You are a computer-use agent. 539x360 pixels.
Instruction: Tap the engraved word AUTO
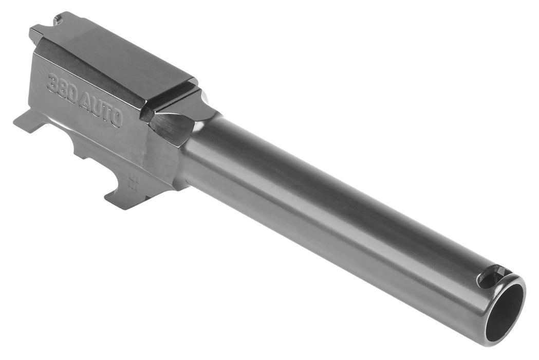click(101, 110)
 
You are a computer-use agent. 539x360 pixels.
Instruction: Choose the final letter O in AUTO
click(116, 118)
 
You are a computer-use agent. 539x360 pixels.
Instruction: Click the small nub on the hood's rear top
click(57, 20)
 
